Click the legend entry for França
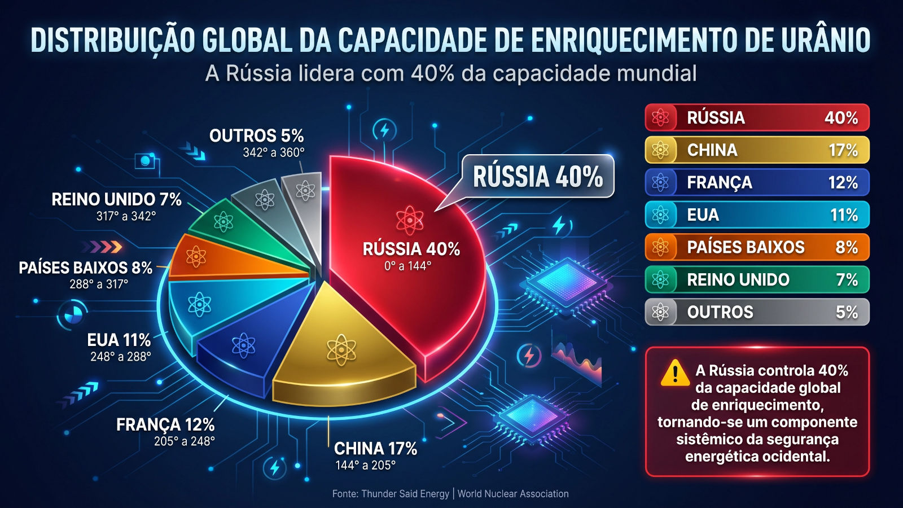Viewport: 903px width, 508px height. click(x=757, y=182)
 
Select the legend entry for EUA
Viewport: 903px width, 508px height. click(x=757, y=214)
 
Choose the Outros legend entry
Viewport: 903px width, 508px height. click(x=757, y=312)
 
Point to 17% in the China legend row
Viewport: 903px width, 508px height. click(x=843, y=150)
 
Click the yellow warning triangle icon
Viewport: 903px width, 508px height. click(x=674, y=374)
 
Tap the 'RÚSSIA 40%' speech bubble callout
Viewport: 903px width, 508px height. click(x=537, y=176)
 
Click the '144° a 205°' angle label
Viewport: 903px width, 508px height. click(x=366, y=466)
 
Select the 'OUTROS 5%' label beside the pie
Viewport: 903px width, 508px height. click(x=256, y=136)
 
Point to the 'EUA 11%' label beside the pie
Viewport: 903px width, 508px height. click(x=119, y=340)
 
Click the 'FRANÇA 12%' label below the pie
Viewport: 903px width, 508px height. click(x=165, y=424)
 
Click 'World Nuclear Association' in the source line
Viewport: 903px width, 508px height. click(x=513, y=494)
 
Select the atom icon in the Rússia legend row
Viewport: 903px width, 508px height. click(x=660, y=117)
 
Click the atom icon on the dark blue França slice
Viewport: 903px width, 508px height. click(x=243, y=345)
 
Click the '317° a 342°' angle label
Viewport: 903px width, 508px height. click(x=126, y=216)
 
